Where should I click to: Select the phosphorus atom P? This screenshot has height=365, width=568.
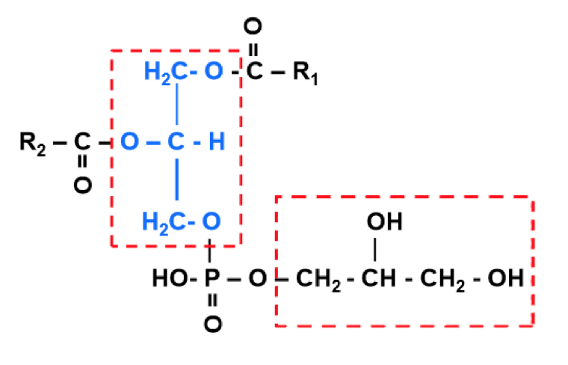coord(212,280)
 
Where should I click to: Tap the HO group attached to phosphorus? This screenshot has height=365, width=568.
coord(167,280)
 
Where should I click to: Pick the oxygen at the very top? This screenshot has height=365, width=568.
coord(253,28)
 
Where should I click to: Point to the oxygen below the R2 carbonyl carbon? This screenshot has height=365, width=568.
coord(82,184)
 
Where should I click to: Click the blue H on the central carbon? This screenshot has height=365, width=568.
coord(216,141)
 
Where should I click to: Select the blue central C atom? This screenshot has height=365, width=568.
coord(176,141)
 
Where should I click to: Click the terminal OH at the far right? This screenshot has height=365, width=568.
coord(506,280)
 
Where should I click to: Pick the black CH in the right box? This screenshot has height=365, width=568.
coord(377,280)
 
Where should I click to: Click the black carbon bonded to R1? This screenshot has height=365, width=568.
coord(253,73)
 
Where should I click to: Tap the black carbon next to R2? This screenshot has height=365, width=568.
coord(82,141)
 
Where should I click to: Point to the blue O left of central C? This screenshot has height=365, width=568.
coord(129,141)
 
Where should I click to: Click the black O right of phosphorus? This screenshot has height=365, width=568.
coord(258,280)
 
